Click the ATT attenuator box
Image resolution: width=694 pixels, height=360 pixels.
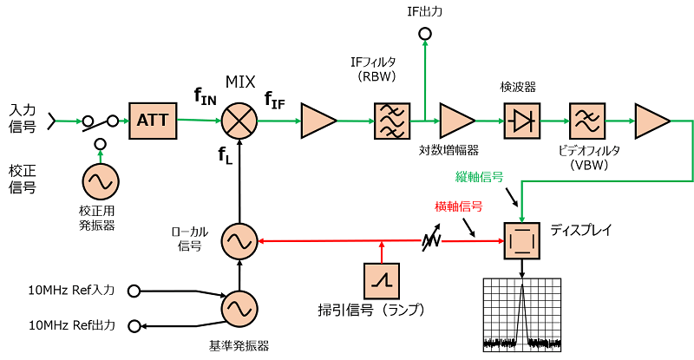pos(153,121)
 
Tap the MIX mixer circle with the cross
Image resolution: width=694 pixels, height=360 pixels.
pos(236,121)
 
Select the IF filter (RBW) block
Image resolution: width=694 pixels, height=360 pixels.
pos(390,121)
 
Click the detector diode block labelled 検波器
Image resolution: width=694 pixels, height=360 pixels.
pos(521,121)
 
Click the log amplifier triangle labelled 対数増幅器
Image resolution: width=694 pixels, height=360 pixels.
pos(456,121)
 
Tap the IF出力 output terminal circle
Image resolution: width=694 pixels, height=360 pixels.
pos(425,34)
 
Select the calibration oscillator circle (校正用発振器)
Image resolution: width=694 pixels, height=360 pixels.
pos(101,184)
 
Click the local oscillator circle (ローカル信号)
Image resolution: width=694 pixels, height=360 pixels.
pos(236,240)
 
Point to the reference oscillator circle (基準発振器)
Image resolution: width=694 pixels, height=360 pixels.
pos(236,308)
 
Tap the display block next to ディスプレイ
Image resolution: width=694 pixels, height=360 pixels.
pos(522,240)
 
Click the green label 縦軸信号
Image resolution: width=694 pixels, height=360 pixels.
pos(480,177)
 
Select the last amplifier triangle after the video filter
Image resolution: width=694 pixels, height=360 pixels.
pos(651,121)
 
